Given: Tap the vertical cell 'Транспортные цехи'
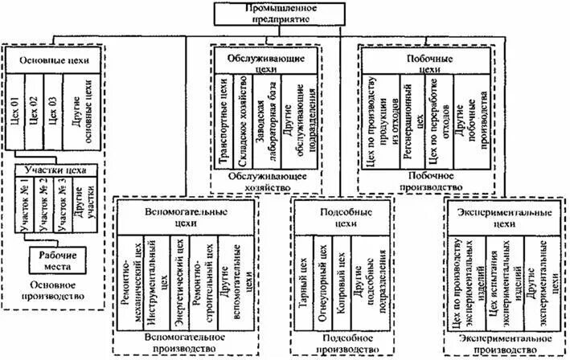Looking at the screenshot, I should tap(226, 125).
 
